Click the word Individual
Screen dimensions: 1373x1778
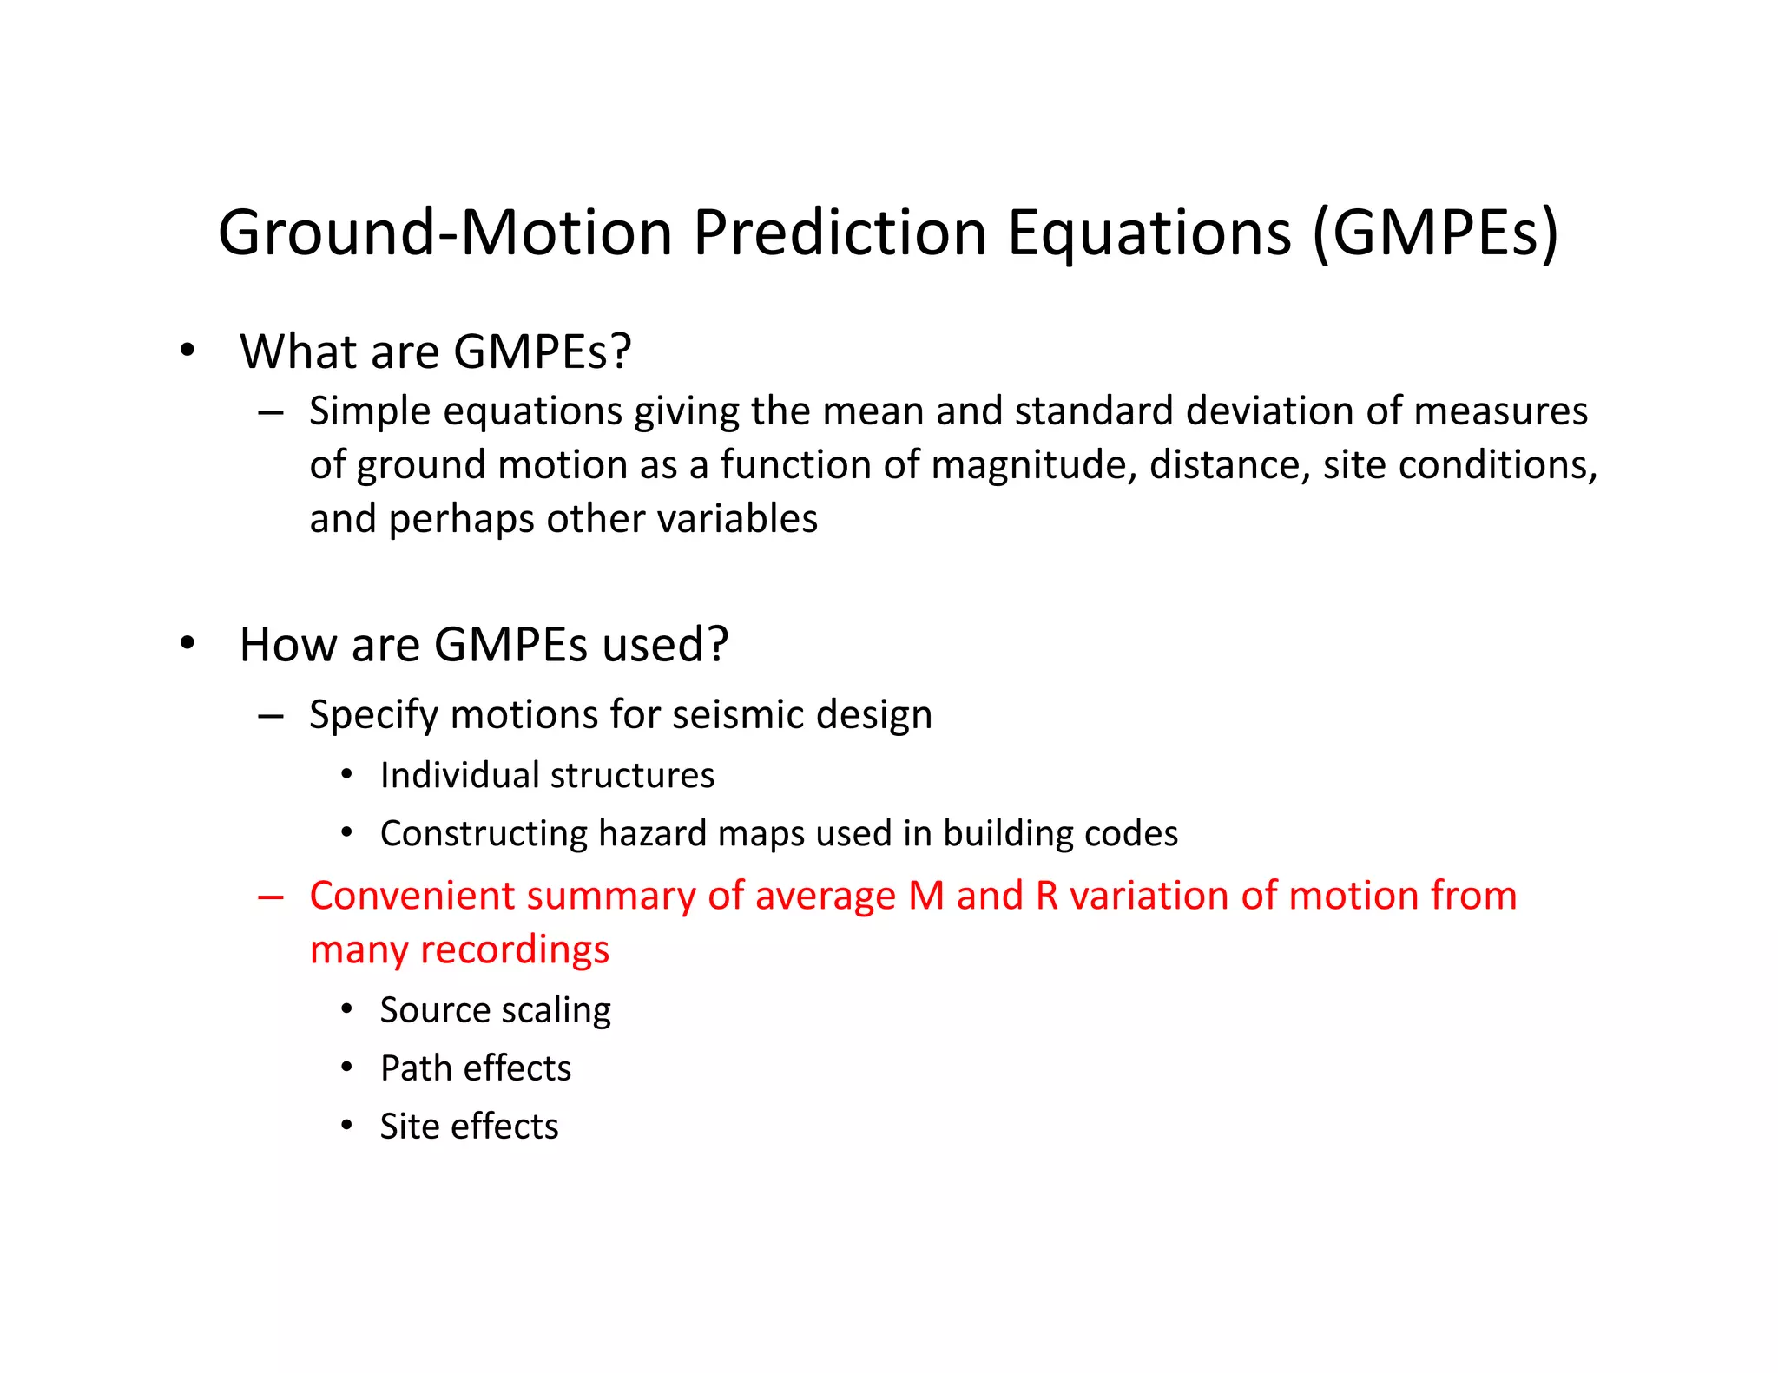(x=458, y=775)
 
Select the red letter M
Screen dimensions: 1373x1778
(x=926, y=897)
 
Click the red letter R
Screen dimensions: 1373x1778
(x=1047, y=897)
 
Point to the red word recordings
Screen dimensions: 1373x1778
(x=515, y=950)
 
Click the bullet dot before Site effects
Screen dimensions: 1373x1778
(x=346, y=1126)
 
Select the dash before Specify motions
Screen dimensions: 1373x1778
(x=271, y=716)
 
